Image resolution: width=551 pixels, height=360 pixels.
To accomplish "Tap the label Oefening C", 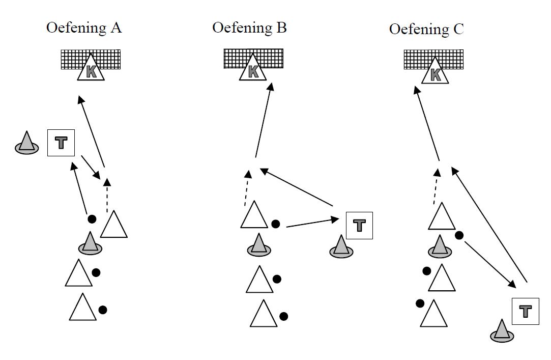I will [x=426, y=29].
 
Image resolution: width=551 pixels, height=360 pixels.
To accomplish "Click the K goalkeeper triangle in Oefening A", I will [x=91, y=70].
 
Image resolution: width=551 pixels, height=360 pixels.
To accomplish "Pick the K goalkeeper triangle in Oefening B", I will [x=253, y=70].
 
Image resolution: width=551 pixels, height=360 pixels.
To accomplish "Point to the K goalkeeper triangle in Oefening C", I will [x=436, y=73].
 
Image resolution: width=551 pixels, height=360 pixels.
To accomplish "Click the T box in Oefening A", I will [x=61, y=143].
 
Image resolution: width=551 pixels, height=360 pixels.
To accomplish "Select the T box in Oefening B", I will [x=359, y=226].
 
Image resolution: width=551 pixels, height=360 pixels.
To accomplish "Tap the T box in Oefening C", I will [x=525, y=312].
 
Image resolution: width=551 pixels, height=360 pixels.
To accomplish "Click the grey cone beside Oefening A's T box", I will [x=26, y=143].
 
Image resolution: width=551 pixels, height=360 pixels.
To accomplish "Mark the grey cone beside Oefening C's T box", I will [x=502, y=331].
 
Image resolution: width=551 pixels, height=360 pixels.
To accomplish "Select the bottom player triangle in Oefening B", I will [x=264, y=315].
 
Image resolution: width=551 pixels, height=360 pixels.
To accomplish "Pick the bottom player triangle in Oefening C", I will [x=434, y=315].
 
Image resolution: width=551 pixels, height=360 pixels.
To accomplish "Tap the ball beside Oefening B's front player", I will [x=275, y=224].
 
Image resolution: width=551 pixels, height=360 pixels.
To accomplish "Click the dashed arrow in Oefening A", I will [x=107, y=196].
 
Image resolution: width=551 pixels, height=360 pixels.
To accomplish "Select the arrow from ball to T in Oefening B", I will [x=312, y=223].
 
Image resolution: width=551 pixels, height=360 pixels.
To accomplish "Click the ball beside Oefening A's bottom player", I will [x=102, y=309].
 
